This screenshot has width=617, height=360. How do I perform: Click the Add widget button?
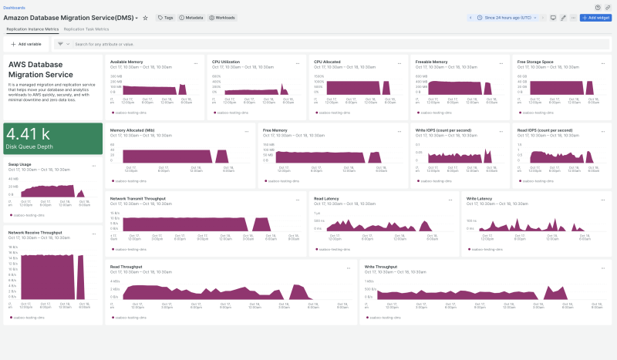(595, 17)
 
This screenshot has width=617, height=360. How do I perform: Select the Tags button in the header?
(166, 17)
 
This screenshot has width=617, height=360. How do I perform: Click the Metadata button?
(190, 17)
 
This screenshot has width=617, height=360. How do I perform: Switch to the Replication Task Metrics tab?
(86, 29)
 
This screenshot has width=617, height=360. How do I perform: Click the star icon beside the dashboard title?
(145, 17)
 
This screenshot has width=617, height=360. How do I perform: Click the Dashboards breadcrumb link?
(14, 7)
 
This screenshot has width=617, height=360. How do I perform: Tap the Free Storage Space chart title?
(534, 61)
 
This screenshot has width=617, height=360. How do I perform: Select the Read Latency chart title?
(329, 198)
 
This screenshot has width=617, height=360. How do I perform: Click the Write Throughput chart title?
(381, 267)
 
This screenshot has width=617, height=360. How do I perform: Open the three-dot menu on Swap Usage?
(94, 165)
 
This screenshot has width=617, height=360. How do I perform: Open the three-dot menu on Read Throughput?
(347, 267)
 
